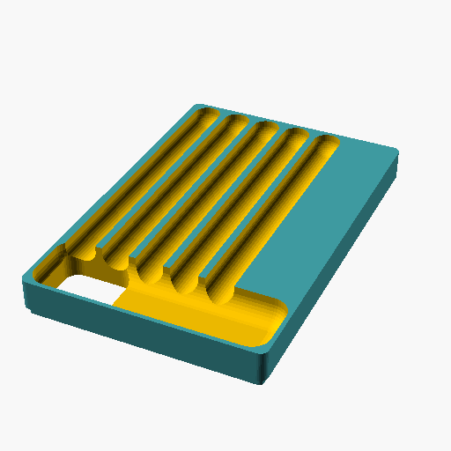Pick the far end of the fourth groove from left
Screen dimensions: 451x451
click(295, 137)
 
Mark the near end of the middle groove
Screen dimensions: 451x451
click(152, 273)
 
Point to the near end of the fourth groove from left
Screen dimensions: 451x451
click(186, 282)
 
